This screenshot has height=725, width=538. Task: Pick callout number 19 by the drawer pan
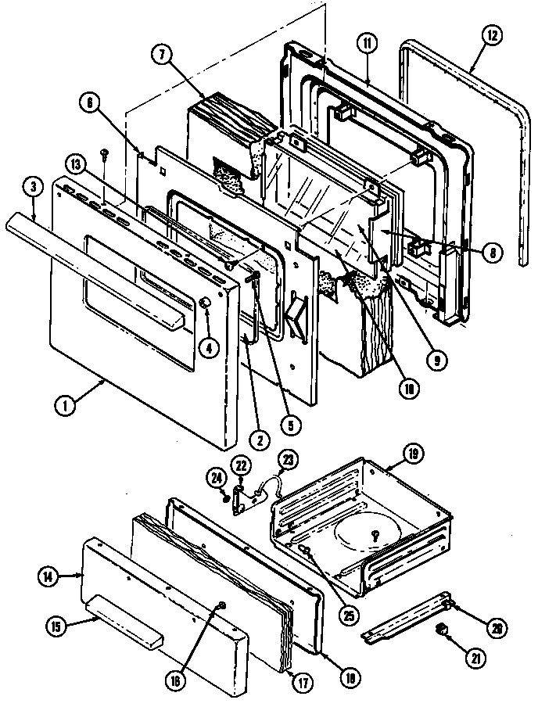click(412, 453)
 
